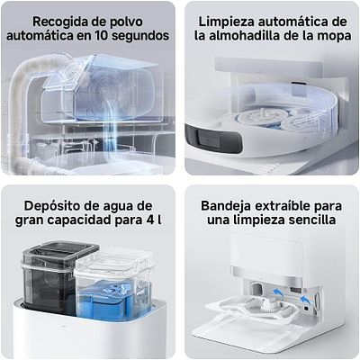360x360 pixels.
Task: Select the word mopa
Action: click(x=326, y=37)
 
